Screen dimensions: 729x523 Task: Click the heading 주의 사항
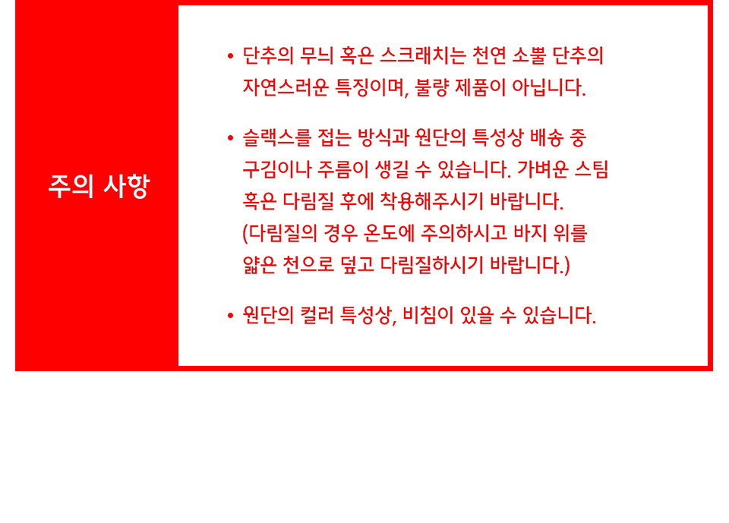point(99,186)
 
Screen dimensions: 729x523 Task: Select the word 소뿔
point(529,55)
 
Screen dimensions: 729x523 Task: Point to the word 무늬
point(317,55)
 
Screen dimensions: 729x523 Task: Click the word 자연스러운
point(286,87)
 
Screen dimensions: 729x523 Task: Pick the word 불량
point(431,87)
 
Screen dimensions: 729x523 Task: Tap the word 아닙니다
point(548,87)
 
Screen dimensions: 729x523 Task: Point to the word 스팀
point(592,169)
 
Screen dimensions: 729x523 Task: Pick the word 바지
point(530,232)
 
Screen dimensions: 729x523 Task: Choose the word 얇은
point(260,264)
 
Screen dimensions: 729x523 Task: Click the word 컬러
point(317,315)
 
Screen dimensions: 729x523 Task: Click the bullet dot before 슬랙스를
point(230,138)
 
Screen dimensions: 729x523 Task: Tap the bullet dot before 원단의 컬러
point(230,316)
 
